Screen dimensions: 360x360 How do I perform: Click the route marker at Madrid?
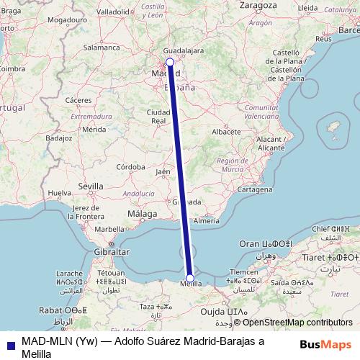coord(169,63)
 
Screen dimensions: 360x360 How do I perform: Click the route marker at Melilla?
coord(190,278)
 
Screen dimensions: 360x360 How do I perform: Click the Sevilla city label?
coord(91,186)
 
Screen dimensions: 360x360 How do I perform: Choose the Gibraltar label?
coord(112,253)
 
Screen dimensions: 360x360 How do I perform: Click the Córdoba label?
coord(132,166)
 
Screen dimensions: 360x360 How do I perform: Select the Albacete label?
coord(226,132)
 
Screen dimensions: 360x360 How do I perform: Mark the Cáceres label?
coord(78,99)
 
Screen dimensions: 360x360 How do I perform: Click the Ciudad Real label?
coord(158,117)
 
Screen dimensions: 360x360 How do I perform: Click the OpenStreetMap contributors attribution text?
coord(292,323)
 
